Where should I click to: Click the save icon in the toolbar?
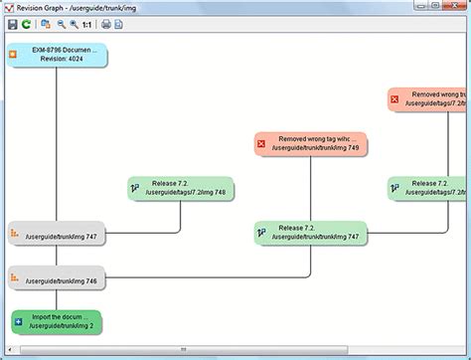pos(11,23)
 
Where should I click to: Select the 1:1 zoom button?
pos(86,23)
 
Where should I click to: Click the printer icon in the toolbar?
pos(105,23)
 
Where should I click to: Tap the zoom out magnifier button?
pos(60,23)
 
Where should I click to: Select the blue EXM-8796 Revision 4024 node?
pos(57,54)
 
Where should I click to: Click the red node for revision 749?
pos(311,144)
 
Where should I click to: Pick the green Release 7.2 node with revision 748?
pos(181,188)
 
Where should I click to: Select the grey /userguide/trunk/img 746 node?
pos(57,280)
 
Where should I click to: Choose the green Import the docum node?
pos(57,321)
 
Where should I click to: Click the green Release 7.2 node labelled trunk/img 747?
pos(311,233)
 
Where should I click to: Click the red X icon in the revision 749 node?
pos(262,144)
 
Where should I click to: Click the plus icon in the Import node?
pos(17,321)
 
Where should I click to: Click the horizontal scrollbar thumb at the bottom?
pos(182,350)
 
